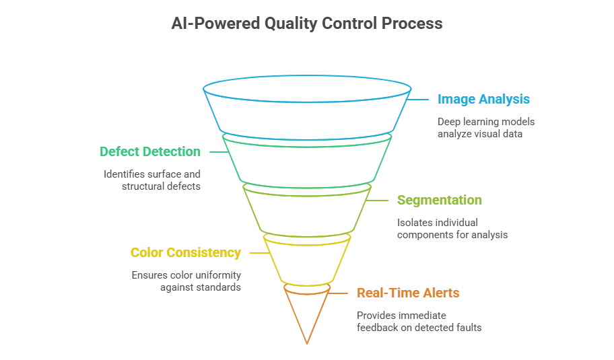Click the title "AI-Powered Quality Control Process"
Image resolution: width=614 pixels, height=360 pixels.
(306, 24)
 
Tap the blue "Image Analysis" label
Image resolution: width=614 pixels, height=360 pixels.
(483, 100)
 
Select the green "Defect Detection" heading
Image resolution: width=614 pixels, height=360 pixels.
(150, 152)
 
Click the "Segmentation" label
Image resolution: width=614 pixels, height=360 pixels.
(439, 201)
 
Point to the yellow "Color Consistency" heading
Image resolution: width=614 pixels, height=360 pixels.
(185, 253)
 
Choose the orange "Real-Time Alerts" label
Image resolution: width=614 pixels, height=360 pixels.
(408, 293)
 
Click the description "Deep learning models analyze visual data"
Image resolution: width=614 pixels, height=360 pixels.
(486, 128)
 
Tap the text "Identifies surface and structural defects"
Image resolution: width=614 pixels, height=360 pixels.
(152, 180)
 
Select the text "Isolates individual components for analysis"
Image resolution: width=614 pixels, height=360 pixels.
(452, 228)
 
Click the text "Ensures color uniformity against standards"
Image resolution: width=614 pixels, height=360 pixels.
(186, 281)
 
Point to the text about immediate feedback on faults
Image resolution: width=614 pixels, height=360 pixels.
(419, 321)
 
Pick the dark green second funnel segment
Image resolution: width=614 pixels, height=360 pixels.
(307, 161)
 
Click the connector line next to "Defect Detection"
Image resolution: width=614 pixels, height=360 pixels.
(215, 152)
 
